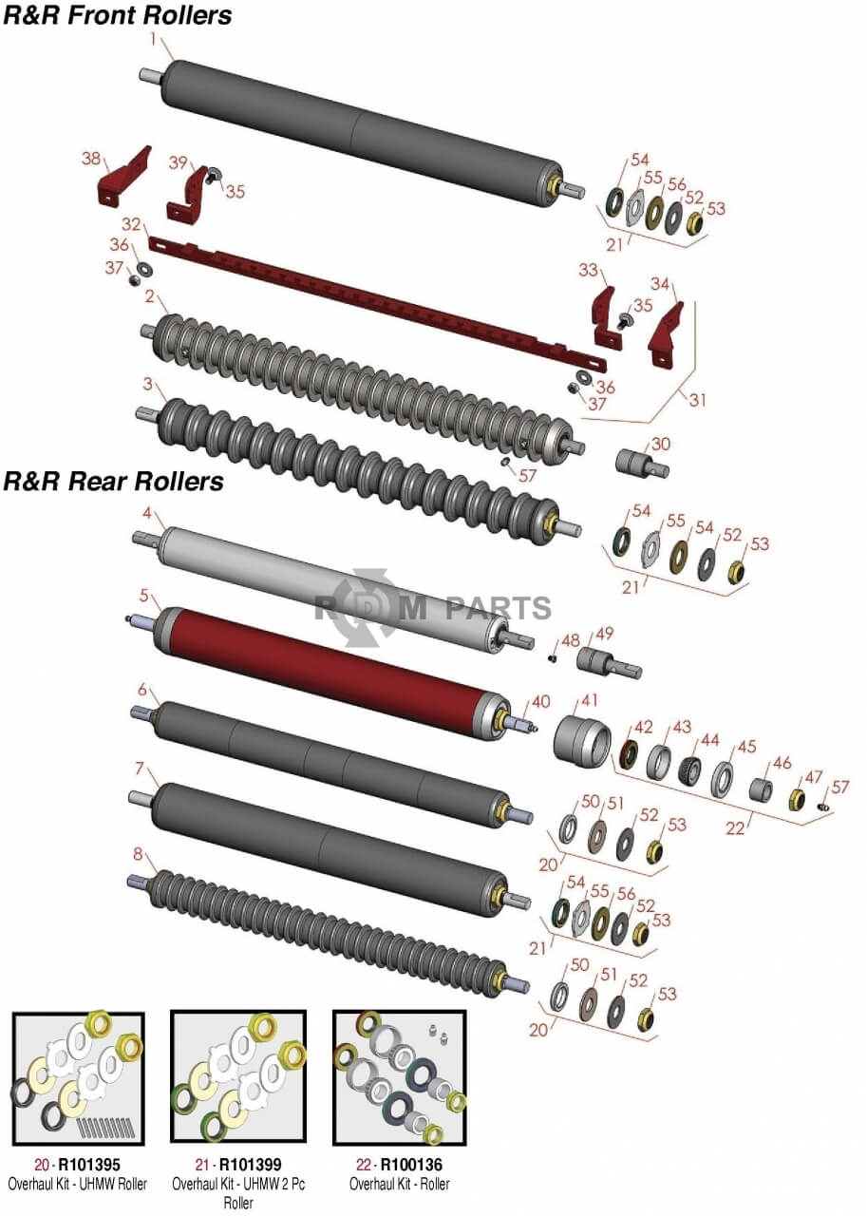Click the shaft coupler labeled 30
coord(642,465)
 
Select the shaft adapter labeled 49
coord(609,662)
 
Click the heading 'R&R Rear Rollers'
coord(114,482)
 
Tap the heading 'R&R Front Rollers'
coord(118,15)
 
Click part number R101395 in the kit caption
coord(89,1165)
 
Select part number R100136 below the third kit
coord(411,1165)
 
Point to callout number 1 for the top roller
coord(153,39)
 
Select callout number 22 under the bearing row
coord(735,827)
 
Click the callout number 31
coord(698,400)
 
